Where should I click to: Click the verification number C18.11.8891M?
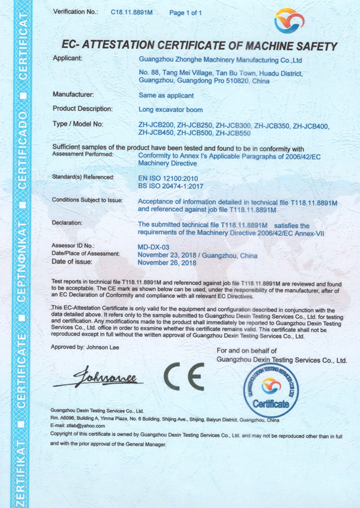(x=132, y=13)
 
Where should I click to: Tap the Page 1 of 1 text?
(x=185, y=13)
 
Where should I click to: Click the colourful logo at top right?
(x=289, y=21)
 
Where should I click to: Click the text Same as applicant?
(x=166, y=95)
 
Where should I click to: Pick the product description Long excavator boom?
(x=171, y=109)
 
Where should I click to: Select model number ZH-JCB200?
(x=156, y=125)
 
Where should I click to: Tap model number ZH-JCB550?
(x=233, y=133)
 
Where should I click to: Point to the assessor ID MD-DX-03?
(x=153, y=247)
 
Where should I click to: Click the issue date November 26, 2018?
(x=166, y=263)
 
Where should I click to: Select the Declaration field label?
(x=67, y=223)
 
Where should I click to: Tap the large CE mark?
(x=184, y=376)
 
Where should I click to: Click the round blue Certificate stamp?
(x=271, y=390)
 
